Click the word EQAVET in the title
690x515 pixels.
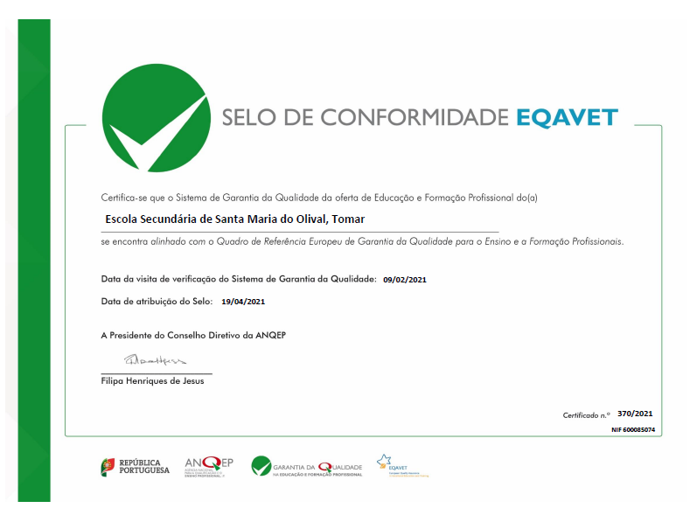click(x=567, y=118)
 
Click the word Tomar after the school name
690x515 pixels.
click(x=348, y=219)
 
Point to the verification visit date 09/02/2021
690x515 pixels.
click(x=405, y=280)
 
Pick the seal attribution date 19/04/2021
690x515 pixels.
click(x=243, y=302)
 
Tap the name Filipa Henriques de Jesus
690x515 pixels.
click(x=152, y=381)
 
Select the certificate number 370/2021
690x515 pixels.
click(x=635, y=414)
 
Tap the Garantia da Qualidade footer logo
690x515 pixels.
click(x=306, y=467)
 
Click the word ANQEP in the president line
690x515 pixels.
click(x=272, y=335)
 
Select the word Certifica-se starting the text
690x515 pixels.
click(x=125, y=198)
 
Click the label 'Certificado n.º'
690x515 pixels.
click(x=586, y=414)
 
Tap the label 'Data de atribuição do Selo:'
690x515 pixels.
click(x=157, y=302)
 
